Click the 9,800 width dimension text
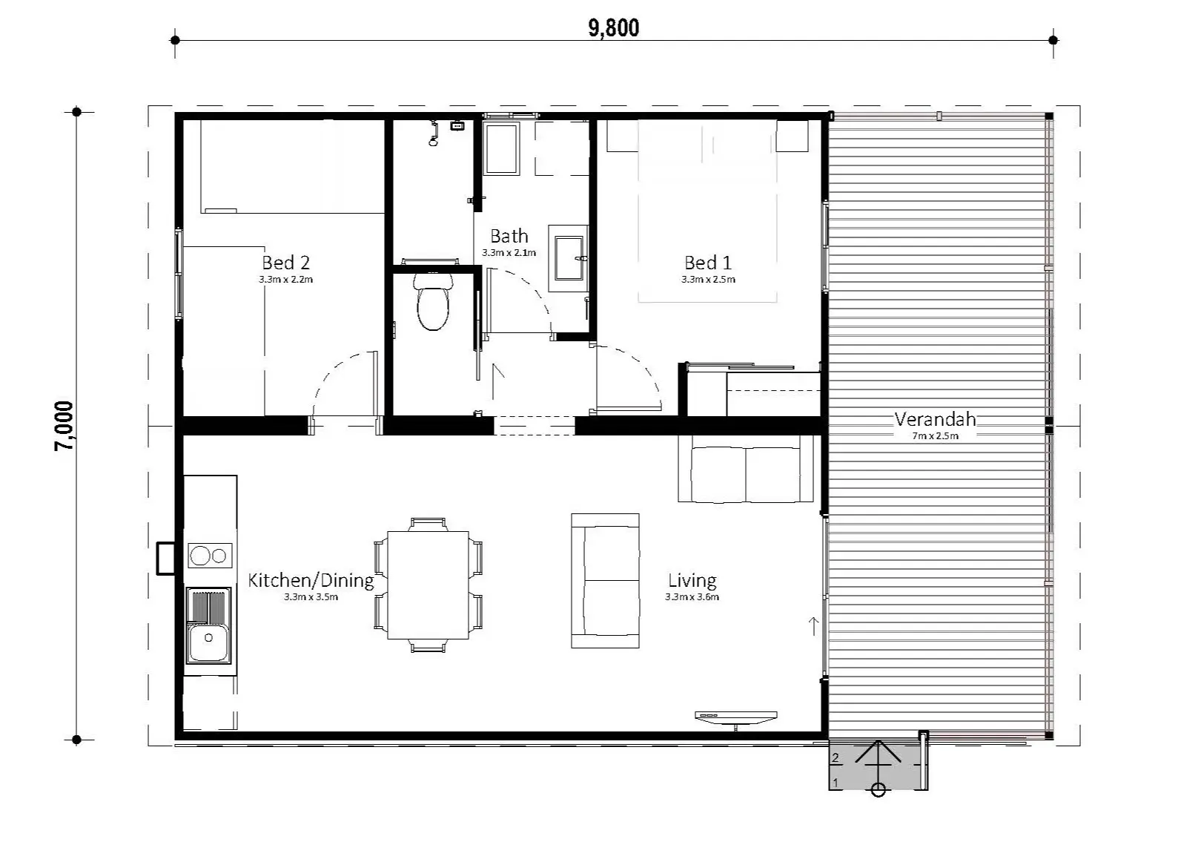pos(614,28)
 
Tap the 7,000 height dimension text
pos(64,426)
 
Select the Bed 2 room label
pos(286,262)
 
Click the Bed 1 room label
pos(708,262)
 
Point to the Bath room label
pos(509,235)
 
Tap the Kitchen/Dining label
pos(311,580)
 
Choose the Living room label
pos(692,580)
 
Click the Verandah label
pos(935,419)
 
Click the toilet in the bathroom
pos(433,301)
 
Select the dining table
pos(428,585)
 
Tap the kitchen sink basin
pos(208,642)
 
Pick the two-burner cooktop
pos(210,555)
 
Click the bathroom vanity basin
pos(569,258)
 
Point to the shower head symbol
pos(434,134)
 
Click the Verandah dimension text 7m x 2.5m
pos(935,435)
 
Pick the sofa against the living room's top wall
pos(746,468)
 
